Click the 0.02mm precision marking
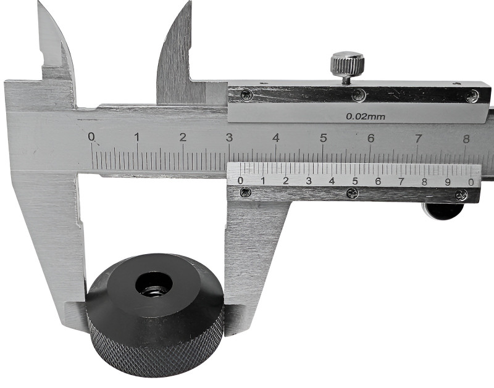pos(366,117)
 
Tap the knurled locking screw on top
pos(347,64)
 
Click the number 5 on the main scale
pos(323,138)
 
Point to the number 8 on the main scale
pos(466,138)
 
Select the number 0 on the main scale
pos(91,136)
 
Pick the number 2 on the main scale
pos(183,137)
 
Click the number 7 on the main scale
pos(418,138)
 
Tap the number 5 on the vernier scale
pos(355,181)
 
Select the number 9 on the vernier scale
pos(448,182)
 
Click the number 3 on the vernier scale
pos(309,181)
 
